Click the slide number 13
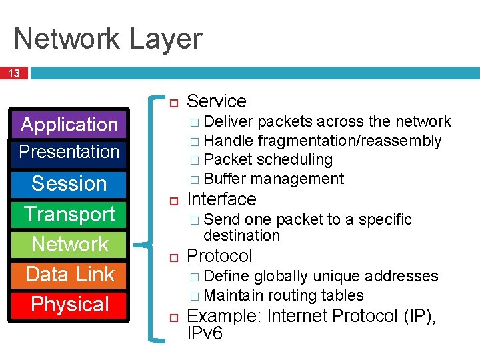(x=13, y=73)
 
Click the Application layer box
(x=69, y=125)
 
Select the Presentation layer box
(x=69, y=152)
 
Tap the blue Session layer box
(x=69, y=183)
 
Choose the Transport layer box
(x=69, y=214)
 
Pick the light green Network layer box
(x=69, y=244)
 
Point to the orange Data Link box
(x=69, y=274)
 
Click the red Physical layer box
(x=69, y=304)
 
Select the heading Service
(x=217, y=101)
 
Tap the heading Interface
(x=221, y=199)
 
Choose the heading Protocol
(x=219, y=256)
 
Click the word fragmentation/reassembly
(x=349, y=141)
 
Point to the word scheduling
(x=294, y=160)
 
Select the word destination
(x=241, y=235)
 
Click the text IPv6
(x=205, y=333)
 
